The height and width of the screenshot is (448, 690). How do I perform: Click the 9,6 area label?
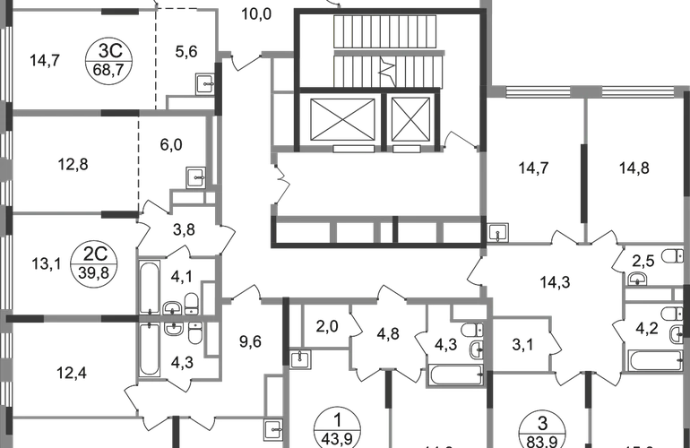point(248,340)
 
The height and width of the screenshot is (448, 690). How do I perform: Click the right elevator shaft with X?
point(411,117)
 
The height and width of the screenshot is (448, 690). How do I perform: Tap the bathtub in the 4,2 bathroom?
point(649,358)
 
